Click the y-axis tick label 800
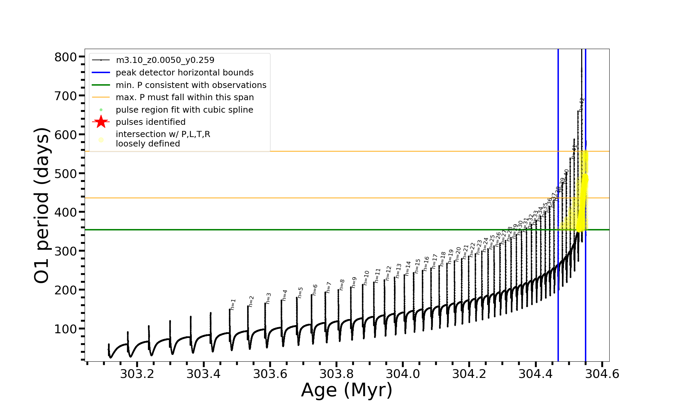66,57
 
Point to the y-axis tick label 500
66,174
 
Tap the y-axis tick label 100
66,329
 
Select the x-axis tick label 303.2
137,374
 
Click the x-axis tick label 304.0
403,374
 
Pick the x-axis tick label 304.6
602,374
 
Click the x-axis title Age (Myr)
347,390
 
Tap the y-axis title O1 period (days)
42,205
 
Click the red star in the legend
101,122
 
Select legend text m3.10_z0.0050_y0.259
165,60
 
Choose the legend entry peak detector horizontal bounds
184,73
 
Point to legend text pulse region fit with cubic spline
184,110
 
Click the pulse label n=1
233,304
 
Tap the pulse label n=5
300,292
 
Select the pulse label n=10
366,278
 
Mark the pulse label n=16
426,264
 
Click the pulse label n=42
582,105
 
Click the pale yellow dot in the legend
101,139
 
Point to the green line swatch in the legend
101,85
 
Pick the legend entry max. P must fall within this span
184,97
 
